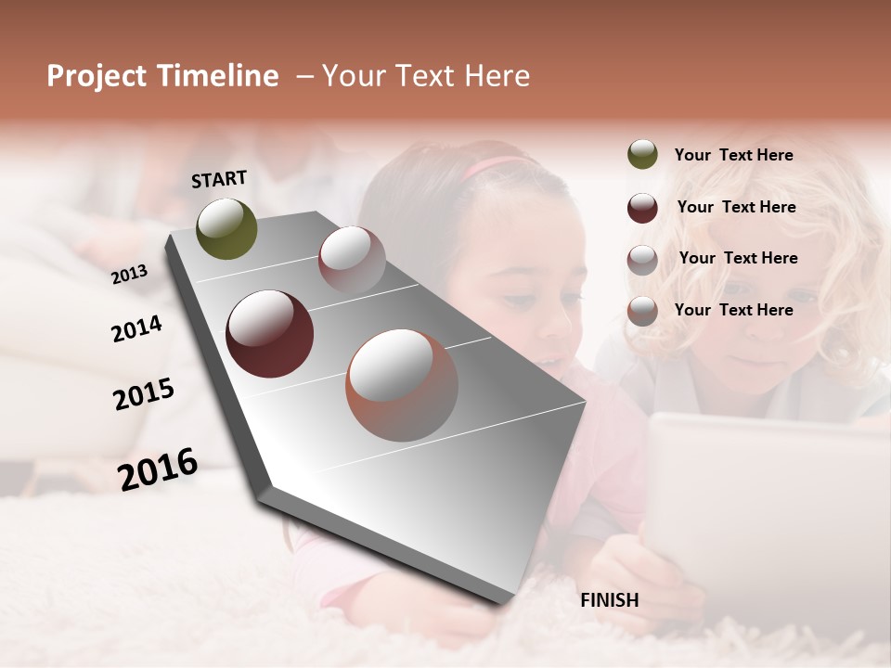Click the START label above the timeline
coord(219,179)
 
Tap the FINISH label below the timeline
coord(609,600)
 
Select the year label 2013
coord(129,274)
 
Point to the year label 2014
coord(136,329)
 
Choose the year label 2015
coord(143,394)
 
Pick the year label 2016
coord(158,469)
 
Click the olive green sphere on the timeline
coord(226,228)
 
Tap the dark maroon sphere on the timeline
coord(269,334)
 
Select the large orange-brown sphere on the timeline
coord(402,384)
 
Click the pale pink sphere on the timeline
coord(352,259)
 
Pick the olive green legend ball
coord(642,155)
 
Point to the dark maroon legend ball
coord(642,208)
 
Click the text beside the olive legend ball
coord(733,155)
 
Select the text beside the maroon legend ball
coord(736,207)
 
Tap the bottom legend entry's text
coord(733,310)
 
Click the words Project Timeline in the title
coord(162,76)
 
